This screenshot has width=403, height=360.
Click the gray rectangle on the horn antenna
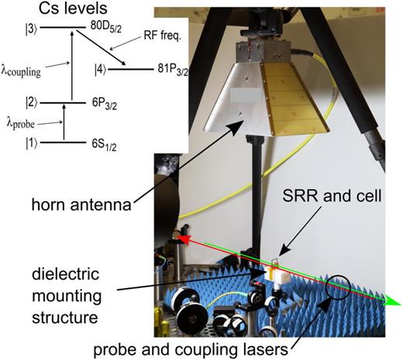point(247,95)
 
